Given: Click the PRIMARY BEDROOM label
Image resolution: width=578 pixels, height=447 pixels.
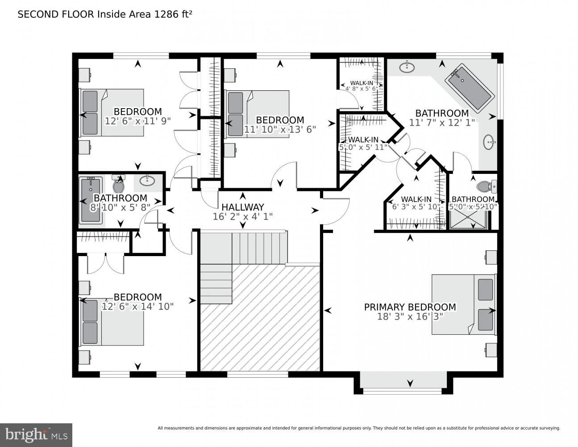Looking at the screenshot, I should (410, 307).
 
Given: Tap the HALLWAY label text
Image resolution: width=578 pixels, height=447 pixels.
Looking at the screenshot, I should (243, 207).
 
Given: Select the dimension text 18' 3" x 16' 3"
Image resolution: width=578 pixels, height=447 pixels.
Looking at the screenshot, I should (410, 316).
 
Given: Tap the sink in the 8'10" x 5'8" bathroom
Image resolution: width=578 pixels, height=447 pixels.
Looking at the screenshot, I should (147, 181).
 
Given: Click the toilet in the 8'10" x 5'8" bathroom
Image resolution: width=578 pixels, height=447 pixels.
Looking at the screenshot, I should (119, 183).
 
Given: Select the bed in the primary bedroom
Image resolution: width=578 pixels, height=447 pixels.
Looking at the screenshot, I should (463, 304).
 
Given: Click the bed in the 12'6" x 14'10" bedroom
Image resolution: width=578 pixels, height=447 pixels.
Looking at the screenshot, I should (112, 322).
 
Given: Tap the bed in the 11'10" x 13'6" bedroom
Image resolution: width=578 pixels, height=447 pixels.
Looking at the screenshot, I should (258, 114).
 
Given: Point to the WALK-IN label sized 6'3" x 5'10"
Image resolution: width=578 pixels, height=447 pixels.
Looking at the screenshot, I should (416, 199).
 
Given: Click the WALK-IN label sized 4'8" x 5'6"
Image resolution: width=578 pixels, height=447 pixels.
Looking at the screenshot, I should (362, 83).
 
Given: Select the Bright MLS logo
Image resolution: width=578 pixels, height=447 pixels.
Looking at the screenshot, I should (36, 434).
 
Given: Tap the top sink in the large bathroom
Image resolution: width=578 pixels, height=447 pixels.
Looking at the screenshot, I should (406, 67).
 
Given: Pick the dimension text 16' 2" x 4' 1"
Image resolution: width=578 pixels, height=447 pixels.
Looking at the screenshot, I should (243, 216).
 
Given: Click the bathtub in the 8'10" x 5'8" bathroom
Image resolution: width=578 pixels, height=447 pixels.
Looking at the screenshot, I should (91, 200).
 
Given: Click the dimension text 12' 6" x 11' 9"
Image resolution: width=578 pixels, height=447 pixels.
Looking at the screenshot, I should (137, 121).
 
